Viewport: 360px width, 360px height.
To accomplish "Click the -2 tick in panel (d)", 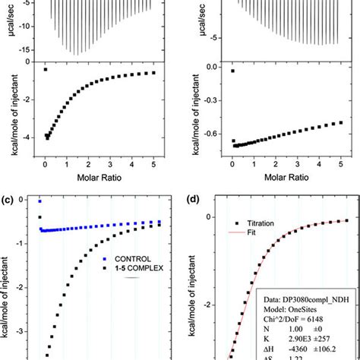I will [210, 302].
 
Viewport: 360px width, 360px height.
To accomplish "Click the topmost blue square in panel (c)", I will [39, 201].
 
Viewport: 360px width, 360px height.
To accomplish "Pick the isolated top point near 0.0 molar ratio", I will [232, 71].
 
